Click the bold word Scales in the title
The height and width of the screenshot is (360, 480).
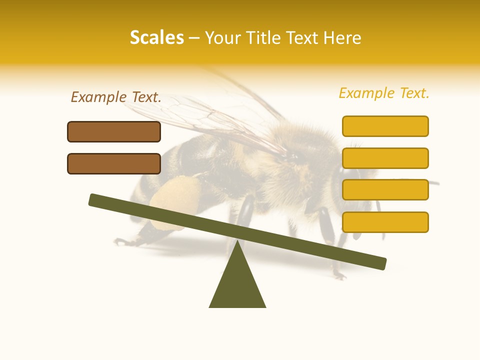[156, 37]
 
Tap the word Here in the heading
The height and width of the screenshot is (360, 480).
[342, 37]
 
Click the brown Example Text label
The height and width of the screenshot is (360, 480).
[116, 97]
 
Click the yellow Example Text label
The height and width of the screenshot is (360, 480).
[384, 93]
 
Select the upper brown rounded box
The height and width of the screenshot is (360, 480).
[114, 131]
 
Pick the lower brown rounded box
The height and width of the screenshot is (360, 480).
[114, 163]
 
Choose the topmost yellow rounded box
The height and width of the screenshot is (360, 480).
[385, 126]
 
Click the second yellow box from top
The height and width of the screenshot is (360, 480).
[385, 158]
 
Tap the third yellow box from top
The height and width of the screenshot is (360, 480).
[385, 189]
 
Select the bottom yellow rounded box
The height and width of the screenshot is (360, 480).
[385, 222]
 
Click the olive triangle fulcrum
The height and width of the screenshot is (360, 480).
[237, 285]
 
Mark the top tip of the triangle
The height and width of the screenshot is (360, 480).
[237, 242]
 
